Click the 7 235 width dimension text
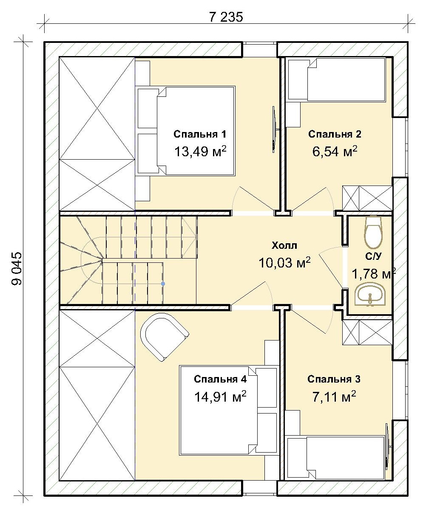click(226, 17)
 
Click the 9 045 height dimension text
click(17, 269)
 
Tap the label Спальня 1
click(199, 134)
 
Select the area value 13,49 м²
click(200, 151)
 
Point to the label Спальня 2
click(335, 134)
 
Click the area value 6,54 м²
click(335, 151)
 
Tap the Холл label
click(284, 245)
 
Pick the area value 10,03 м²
click(284, 262)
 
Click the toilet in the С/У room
click(373, 232)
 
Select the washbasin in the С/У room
click(370, 295)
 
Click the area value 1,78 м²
click(374, 273)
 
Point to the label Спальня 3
click(334, 379)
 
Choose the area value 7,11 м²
click(334, 396)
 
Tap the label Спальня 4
click(220, 379)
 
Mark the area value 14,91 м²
click(220, 396)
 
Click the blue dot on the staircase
click(163, 284)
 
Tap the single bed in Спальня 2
click(336, 79)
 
